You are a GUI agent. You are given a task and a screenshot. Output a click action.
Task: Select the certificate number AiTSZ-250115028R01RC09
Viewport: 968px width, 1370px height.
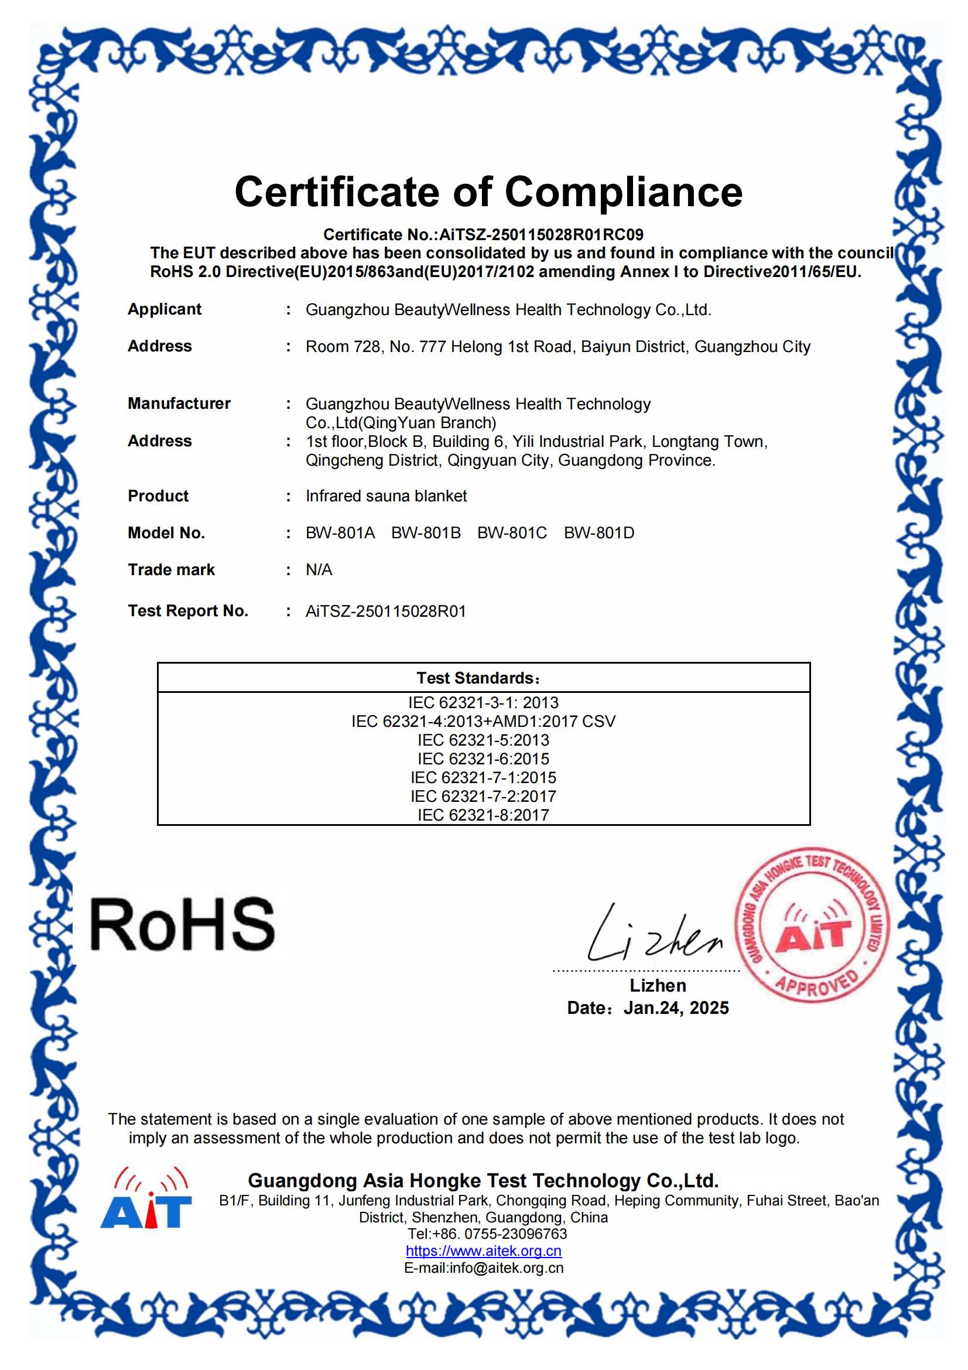[541, 234]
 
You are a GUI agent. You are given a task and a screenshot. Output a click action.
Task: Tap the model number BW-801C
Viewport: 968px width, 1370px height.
[512, 533]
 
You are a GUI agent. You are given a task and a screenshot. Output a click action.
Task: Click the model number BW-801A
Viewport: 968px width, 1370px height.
[340, 533]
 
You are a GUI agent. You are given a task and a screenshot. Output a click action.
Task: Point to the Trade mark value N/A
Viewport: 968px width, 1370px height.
[319, 570]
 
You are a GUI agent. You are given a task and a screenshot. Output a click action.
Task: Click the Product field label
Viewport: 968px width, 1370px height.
[158, 496]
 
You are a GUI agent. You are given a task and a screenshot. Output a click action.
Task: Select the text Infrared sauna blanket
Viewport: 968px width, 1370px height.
[386, 496]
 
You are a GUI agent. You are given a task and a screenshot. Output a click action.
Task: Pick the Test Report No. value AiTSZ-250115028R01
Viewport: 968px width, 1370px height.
[385, 611]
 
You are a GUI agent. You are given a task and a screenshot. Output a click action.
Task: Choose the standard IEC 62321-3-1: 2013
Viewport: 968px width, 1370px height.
[483, 703]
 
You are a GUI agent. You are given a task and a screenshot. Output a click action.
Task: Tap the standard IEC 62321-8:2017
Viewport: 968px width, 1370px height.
[483, 815]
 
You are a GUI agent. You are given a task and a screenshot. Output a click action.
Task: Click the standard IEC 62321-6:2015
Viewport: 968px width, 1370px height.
[483, 759]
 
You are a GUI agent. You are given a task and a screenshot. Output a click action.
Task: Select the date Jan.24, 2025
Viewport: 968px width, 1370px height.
[676, 1008]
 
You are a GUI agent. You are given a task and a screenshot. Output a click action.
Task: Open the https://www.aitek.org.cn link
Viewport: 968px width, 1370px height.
[484, 1251]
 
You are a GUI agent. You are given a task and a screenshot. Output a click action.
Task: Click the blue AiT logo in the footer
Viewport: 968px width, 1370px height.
[146, 1200]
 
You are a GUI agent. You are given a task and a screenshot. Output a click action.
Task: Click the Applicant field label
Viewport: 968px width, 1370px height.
[165, 309]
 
